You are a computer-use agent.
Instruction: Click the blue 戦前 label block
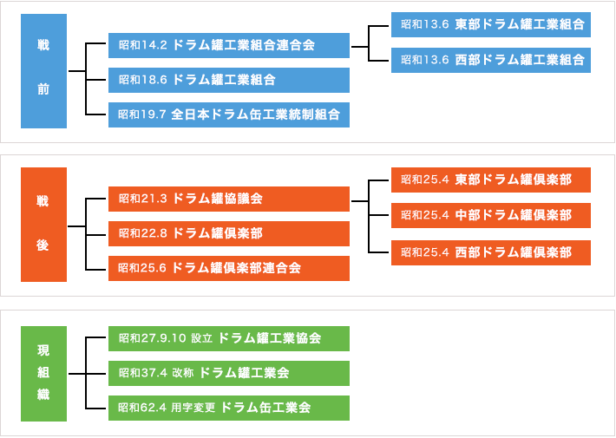pos(43,71)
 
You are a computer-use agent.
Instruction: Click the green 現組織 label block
pos(43,373)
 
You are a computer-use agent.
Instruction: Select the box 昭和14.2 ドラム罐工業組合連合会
pos(229,45)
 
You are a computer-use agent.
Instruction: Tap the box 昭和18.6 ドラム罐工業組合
pos(229,80)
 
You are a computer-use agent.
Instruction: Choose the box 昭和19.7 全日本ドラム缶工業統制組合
pos(229,114)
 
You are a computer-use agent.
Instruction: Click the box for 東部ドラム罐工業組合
pos(490,25)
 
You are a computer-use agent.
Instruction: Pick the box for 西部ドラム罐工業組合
pos(490,60)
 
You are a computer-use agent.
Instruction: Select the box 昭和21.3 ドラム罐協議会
pos(229,199)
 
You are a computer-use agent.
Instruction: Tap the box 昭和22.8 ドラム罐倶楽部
pos(229,233)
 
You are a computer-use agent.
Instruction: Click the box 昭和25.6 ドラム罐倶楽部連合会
pos(229,268)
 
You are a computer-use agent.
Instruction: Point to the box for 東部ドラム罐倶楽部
pos(490,180)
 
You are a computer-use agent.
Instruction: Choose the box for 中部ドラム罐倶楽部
pos(490,215)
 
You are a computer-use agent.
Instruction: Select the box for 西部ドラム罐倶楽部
pos(490,252)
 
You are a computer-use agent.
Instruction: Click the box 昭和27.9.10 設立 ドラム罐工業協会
pos(229,338)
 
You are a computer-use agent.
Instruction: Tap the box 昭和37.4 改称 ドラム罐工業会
pos(229,373)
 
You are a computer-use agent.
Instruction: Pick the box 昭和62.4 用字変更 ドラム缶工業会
pos(229,408)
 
